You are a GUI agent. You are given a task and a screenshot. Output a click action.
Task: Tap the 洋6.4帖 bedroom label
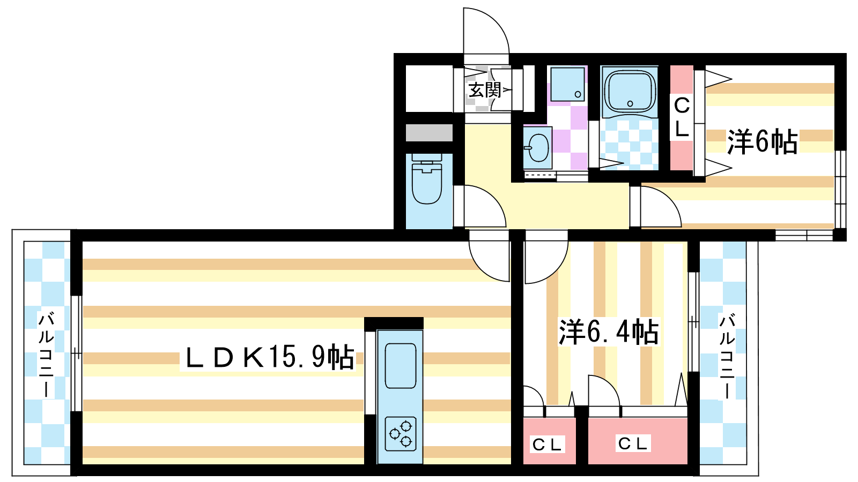(609, 332)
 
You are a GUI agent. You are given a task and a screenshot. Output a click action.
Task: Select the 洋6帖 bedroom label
(761, 142)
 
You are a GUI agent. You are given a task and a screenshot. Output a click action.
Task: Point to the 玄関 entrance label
(484, 90)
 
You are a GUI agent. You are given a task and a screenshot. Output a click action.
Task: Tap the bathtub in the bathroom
(630, 91)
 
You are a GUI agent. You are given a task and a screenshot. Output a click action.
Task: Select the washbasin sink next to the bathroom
(537, 147)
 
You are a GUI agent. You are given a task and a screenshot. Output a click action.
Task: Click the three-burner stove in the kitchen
(400, 434)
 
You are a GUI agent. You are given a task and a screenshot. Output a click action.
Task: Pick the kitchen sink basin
(400, 365)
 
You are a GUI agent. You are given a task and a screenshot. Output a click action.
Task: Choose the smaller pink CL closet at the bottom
(548, 443)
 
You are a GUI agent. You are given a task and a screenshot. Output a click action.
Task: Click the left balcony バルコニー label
(46, 353)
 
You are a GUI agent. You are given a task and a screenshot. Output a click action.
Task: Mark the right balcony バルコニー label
(727, 356)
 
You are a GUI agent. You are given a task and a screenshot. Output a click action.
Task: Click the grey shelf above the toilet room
(429, 132)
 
